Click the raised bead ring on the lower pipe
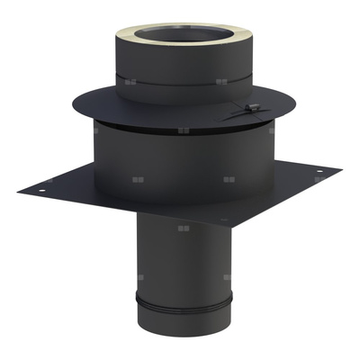[x=180, y=299]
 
